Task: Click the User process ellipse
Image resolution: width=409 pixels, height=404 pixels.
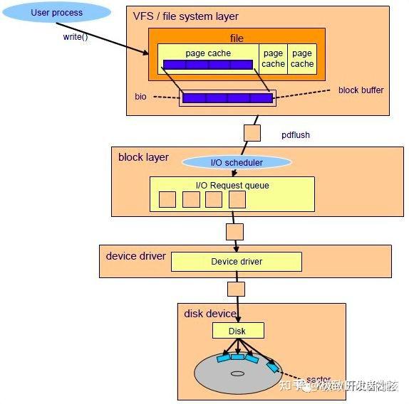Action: click(x=57, y=13)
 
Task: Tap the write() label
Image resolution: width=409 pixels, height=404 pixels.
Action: click(x=76, y=36)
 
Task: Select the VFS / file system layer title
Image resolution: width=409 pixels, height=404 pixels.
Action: click(x=186, y=16)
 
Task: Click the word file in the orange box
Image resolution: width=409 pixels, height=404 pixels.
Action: click(x=237, y=38)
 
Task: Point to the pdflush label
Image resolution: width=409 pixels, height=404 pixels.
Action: click(x=296, y=134)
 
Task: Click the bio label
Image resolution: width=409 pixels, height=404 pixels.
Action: click(x=140, y=95)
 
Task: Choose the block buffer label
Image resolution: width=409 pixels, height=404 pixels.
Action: click(x=361, y=90)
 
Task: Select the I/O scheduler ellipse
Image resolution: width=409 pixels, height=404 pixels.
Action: click(x=237, y=162)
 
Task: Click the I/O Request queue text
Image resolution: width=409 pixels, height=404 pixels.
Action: click(x=232, y=186)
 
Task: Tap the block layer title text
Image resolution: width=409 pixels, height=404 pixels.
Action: click(x=143, y=157)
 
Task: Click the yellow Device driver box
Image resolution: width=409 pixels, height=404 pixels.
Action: click(x=236, y=262)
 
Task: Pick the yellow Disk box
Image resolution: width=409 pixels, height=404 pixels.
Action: click(x=238, y=331)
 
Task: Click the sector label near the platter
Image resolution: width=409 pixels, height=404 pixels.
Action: click(x=318, y=379)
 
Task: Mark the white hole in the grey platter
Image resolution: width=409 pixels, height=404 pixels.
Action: click(x=237, y=372)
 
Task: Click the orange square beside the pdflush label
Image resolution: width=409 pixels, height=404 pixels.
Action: click(x=252, y=133)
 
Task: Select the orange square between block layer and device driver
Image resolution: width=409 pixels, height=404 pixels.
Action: click(x=234, y=231)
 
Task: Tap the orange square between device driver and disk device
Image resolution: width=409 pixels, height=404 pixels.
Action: click(x=236, y=289)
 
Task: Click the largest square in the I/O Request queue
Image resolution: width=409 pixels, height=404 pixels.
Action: click(x=237, y=199)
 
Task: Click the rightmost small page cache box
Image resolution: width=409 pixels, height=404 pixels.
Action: click(x=302, y=58)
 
